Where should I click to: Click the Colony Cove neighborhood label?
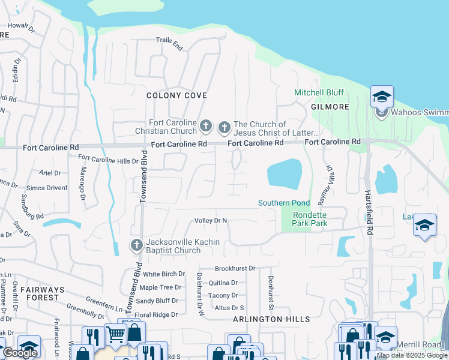177,95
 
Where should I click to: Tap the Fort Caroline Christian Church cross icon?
206,126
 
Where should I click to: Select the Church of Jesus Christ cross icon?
224,127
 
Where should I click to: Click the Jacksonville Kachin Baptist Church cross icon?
136,245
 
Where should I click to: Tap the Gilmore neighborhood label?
330,106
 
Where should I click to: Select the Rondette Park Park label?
310,219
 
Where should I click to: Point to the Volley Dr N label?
211,221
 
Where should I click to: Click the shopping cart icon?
115,334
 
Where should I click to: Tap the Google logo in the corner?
20,353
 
